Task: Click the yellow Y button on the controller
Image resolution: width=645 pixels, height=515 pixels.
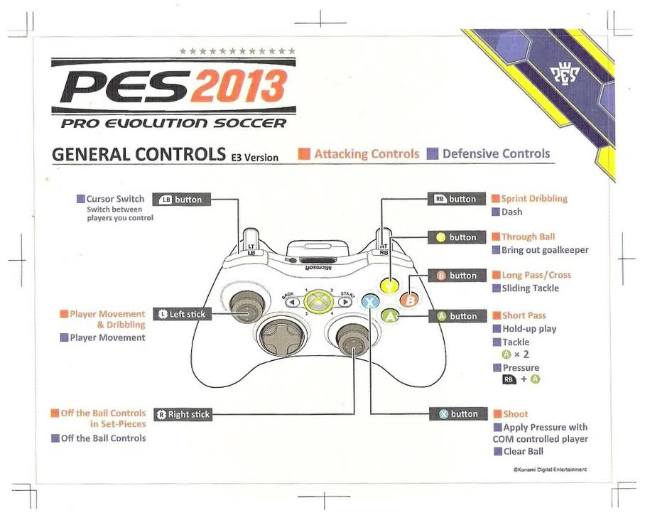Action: pyautogui.click(x=390, y=286)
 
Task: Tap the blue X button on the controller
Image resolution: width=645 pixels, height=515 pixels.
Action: pyautogui.click(x=370, y=301)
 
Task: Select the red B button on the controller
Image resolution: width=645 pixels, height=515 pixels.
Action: pyautogui.click(x=409, y=300)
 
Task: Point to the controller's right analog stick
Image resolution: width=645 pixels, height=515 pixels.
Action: pyautogui.click(x=349, y=340)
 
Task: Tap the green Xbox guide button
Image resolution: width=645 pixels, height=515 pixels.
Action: pyautogui.click(x=318, y=301)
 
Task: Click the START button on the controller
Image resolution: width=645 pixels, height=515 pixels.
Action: pyautogui.click(x=345, y=301)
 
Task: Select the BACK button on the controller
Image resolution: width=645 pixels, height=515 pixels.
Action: pyautogui.click(x=291, y=301)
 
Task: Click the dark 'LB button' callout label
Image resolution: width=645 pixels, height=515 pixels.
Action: pyautogui.click(x=181, y=200)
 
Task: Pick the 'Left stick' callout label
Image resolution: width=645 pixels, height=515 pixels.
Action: pyautogui.click(x=182, y=314)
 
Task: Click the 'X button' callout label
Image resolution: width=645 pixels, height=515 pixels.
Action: pyautogui.click(x=457, y=414)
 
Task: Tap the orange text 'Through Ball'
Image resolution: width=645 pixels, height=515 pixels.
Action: pyautogui.click(x=528, y=237)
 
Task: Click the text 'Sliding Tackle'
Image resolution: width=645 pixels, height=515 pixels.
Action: pyautogui.click(x=530, y=288)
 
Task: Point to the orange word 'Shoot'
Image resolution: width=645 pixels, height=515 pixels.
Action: pyautogui.click(x=516, y=414)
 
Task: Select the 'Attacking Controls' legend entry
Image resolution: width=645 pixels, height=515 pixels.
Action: pyautogui.click(x=367, y=153)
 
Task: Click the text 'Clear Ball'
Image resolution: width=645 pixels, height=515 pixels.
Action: pyautogui.click(x=523, y=452)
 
